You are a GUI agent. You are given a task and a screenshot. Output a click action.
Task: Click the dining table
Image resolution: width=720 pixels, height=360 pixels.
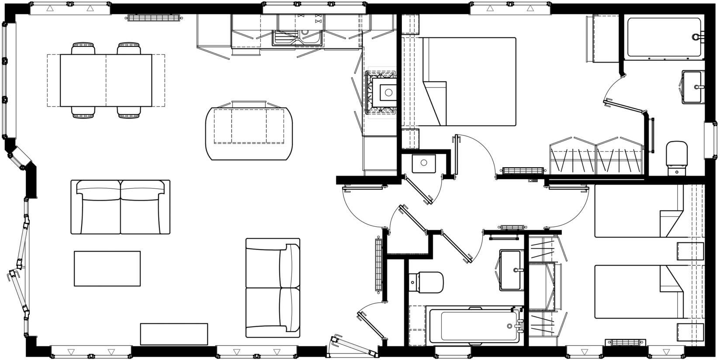point(106,80)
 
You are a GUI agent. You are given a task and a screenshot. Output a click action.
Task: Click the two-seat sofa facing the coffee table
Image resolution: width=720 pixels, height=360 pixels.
point(120,207)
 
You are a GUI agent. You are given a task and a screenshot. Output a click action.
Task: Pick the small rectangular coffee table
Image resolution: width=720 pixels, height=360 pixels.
point(107,268)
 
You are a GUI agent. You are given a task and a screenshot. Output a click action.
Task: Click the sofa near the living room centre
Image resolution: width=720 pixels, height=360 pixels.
point(273,287)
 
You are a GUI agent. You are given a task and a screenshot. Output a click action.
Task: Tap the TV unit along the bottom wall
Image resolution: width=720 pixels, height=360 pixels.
point(173,334)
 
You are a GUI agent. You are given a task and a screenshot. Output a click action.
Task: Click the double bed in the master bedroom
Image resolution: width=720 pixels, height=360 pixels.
point(470,82)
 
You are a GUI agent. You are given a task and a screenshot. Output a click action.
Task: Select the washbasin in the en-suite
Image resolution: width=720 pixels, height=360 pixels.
point(693,87)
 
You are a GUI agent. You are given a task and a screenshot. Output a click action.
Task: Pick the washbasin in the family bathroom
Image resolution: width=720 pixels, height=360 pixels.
point(510,270)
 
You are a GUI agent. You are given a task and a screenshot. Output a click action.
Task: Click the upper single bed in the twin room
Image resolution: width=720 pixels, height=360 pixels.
point(638,211)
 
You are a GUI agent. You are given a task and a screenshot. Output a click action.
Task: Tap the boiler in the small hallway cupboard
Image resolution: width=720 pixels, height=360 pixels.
point(423,163)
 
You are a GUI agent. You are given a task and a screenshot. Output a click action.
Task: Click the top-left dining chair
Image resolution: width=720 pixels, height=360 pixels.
point(83,48)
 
